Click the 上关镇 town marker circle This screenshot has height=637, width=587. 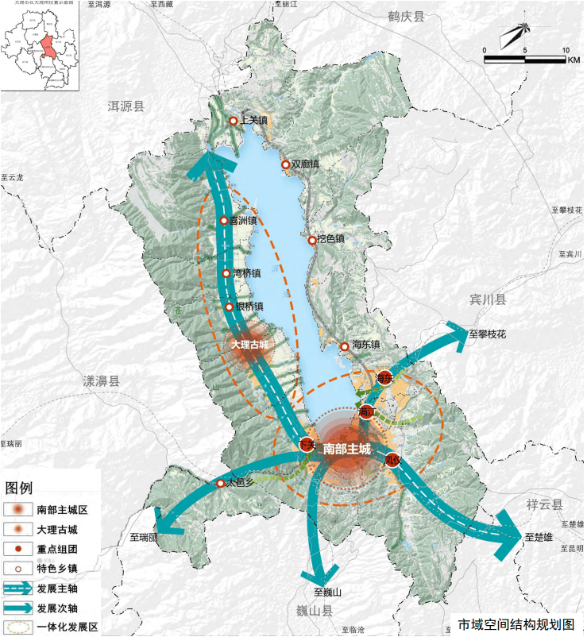[x=234, y=121]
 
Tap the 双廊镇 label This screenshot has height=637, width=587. [x=305, y=164]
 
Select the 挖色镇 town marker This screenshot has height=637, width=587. [x=312, y=239]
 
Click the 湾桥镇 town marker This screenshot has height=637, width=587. [x=226, y=273]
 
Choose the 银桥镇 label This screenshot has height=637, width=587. [x=249, y=307]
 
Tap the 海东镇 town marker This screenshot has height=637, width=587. [x=344, y=346]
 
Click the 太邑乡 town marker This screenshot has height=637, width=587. [x=221, y=483]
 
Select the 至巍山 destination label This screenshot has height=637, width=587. [x=328, y=592]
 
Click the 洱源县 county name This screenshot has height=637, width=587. [x=126, y=106]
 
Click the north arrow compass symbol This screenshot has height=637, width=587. [x=516, y=33]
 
